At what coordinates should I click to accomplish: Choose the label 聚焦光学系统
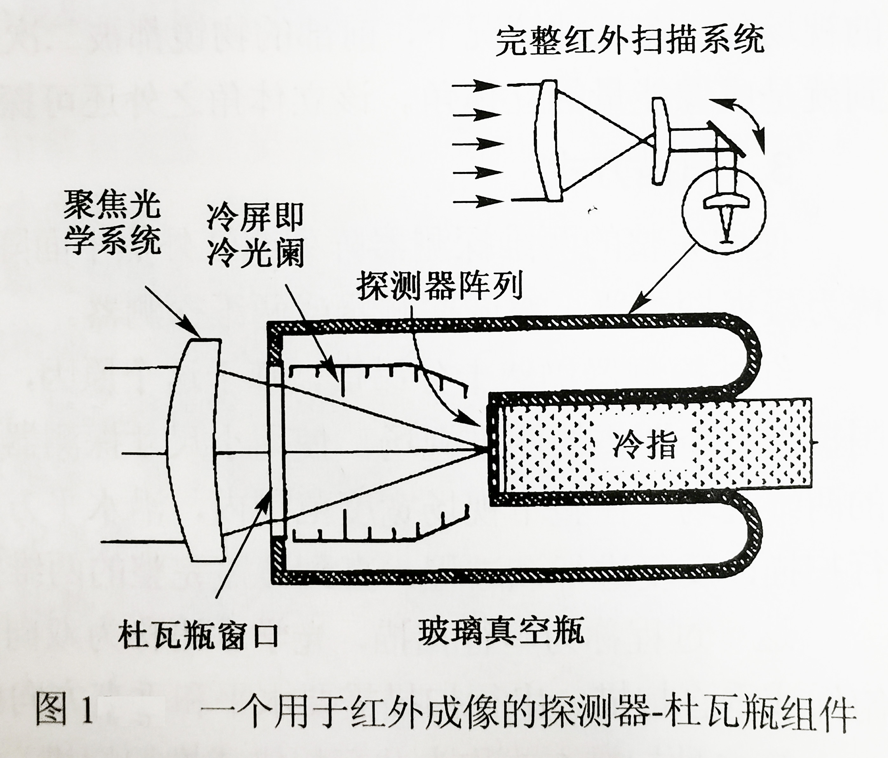(x=112, y=223)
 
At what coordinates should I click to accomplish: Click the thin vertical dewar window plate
(x=276, y=450)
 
